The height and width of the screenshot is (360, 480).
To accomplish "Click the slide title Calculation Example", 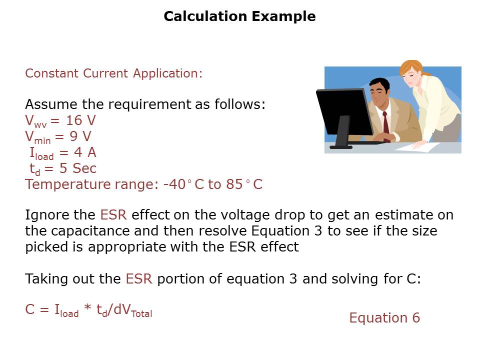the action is [x=239, y=16].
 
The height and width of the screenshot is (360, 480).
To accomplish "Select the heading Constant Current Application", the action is [x=113, y=73].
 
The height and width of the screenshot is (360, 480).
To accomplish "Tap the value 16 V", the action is [x=81, y=120].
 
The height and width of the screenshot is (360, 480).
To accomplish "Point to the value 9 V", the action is [x=80, y=136].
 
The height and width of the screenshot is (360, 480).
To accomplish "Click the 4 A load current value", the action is [x=85, y=152].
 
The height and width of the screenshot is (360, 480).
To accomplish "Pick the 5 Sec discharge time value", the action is [x=78, y=168].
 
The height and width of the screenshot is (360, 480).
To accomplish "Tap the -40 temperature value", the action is [x=174, y=184].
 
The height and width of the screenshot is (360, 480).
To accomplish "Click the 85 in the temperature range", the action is [x=234, y=184].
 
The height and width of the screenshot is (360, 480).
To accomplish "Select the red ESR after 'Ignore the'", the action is [x=113, y=214].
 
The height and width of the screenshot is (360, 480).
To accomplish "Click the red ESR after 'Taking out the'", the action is [x=138, y=278].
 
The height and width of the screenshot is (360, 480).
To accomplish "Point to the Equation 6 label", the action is [x=384, y=318].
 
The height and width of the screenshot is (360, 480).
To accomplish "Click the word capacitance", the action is [x=90, y=230].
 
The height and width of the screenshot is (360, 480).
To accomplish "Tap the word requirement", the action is [x=150, y=104].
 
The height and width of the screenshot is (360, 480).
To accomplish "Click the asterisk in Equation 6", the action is [x=87, y=307].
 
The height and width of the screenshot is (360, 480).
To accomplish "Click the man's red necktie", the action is [x=386, y=126].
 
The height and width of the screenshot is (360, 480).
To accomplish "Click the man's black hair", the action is [x=379, y=84].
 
